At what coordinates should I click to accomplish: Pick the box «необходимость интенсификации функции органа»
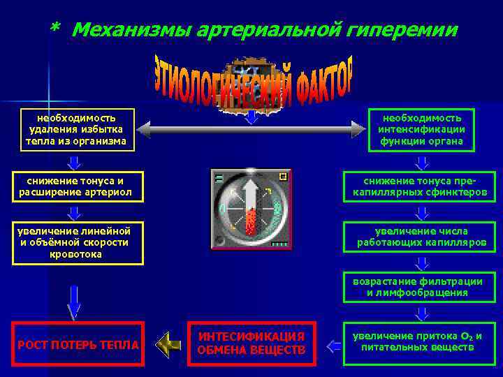(x=421, y=130)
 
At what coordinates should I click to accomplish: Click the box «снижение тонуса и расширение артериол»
(x=77, y=186)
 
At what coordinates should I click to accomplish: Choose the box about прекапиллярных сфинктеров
(x=421, y=186)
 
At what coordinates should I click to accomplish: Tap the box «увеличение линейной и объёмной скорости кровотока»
(x=77, y=243)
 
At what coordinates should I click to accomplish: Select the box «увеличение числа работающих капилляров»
(x=421, y=237)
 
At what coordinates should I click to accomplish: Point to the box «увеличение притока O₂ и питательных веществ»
(x=421, y=341)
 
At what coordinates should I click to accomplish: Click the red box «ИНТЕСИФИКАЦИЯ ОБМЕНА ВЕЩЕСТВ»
(x=251, y=343)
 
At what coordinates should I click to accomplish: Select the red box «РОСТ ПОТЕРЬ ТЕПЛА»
(x=78, y=343)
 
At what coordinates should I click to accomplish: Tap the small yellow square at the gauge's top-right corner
(x=282, y=177)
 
